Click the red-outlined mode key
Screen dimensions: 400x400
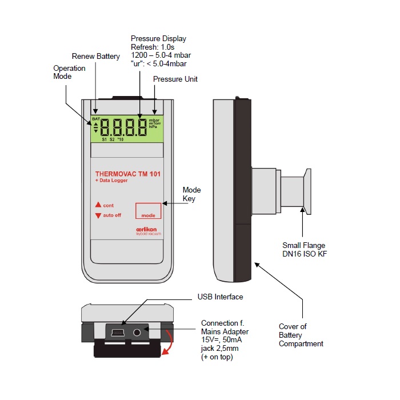(148, 210)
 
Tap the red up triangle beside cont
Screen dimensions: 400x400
(98, 205)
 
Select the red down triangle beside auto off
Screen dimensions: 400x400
(98, 215)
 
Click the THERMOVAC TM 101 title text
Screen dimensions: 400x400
(127, 173)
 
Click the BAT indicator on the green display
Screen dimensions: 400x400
(95, 119)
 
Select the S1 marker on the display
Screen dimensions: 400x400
(105, 139)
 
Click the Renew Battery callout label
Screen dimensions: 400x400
(95, 56)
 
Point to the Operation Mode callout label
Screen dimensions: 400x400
(69, 72)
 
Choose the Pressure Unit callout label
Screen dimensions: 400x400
(175, 79)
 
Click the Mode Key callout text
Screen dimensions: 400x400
(191, 194)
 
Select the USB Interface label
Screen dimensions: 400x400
(220, 297)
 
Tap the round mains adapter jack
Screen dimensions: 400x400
(138, 332)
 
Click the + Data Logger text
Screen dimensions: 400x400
(111, 181)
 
